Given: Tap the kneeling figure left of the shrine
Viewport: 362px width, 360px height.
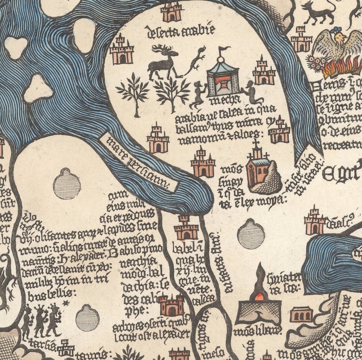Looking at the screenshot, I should click(199, 94).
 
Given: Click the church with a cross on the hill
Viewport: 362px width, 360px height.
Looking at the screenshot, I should click(258, 166).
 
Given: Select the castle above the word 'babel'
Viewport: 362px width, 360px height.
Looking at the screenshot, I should click(186, 228).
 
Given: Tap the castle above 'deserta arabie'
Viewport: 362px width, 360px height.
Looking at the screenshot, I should click(171, 11).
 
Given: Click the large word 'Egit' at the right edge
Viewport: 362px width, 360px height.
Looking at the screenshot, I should click(342, 173).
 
